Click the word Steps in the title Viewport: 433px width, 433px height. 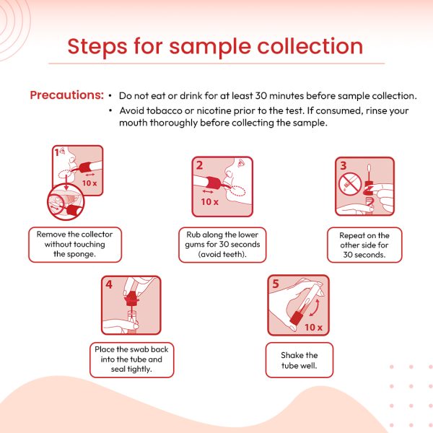pos(97,47)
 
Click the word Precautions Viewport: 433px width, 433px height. pos(66,95)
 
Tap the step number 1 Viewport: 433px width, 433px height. pos(56,152)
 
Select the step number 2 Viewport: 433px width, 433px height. pos(199,165)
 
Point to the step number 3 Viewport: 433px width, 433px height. pos(344,166)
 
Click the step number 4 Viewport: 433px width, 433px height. pos(109,284)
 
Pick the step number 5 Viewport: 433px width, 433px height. pos(276,284)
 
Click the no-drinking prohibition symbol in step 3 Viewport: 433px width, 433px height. pos(350,184)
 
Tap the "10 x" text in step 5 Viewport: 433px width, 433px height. pos(313,328)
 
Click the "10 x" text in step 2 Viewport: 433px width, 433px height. pos(209,202)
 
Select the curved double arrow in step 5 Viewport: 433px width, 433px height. pos(315,307)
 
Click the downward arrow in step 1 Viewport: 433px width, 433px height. pos(66,183)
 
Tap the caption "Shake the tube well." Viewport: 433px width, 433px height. pos(299,360)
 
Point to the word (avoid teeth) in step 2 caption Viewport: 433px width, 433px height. pos(222,254)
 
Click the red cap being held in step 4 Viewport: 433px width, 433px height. pos(131,298)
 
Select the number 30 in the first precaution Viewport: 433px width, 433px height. pos(261,96)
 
